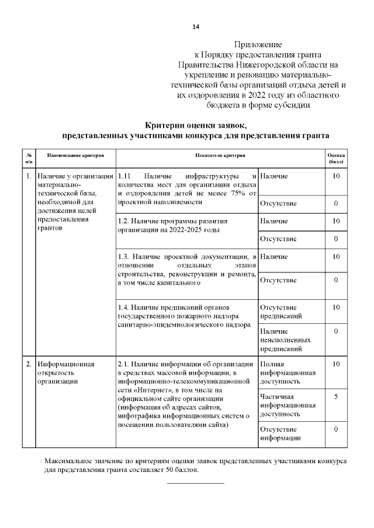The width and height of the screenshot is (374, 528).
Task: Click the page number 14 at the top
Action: pyautogui.click(x=196, y=27)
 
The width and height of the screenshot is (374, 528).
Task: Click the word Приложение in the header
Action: pyautogui.click(x=258, y=44)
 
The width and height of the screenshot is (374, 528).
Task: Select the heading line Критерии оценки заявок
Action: pyautogui.click(x=196, y=124)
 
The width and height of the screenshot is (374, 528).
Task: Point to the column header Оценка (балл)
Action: pyautogui.click(x=335, y=159)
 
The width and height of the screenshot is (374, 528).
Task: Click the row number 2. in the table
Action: pyautogui.click(x=29, y=364)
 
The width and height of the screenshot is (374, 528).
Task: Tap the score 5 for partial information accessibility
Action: pyautogui.click(x=335, y=397)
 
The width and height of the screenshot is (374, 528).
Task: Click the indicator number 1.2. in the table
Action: pyautogui.click(x=123, y=222)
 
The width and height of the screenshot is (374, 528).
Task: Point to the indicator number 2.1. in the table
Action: pyautogui.click(x=123, y=364)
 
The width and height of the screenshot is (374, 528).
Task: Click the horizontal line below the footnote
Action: pyautogui.click(x=196, y=483)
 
